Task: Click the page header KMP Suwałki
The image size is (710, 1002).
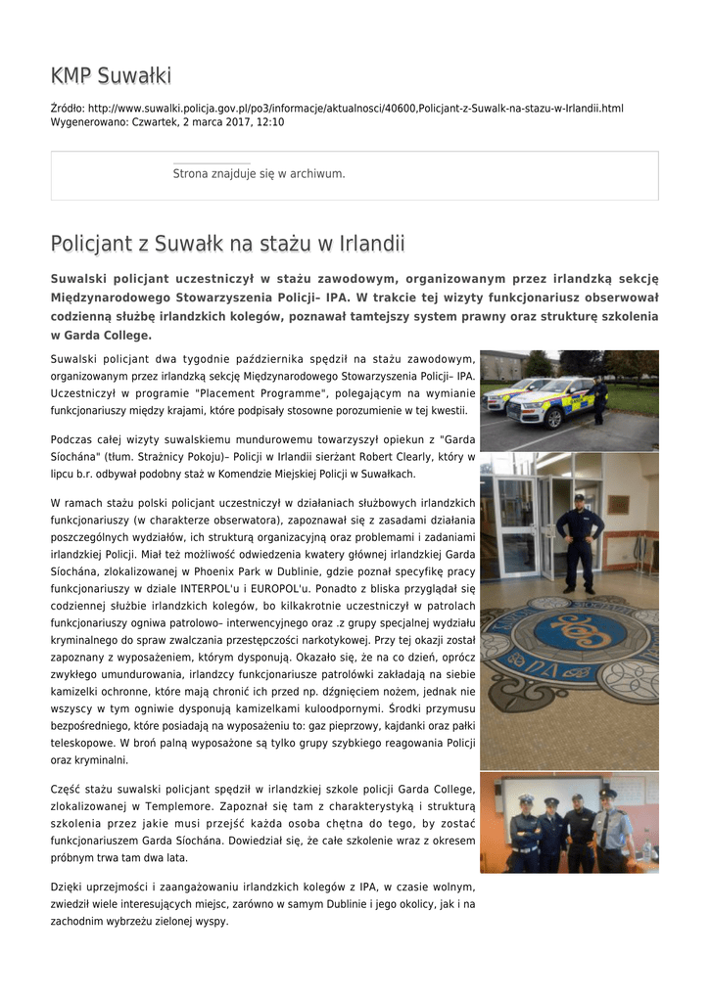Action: click(x=111, y=75)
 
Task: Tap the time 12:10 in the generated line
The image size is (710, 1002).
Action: click(x=271, y=122)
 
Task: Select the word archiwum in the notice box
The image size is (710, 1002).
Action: click(x=319, y=173)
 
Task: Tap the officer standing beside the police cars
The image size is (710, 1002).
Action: click(x=598, y=398)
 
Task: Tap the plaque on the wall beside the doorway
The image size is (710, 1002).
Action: click(x=618, y=504)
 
